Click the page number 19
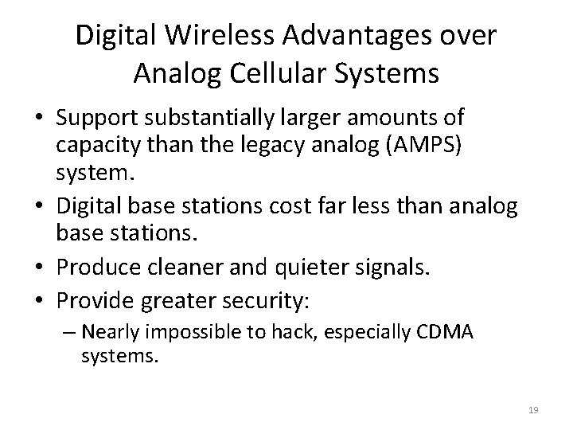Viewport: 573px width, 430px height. (533, 409)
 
